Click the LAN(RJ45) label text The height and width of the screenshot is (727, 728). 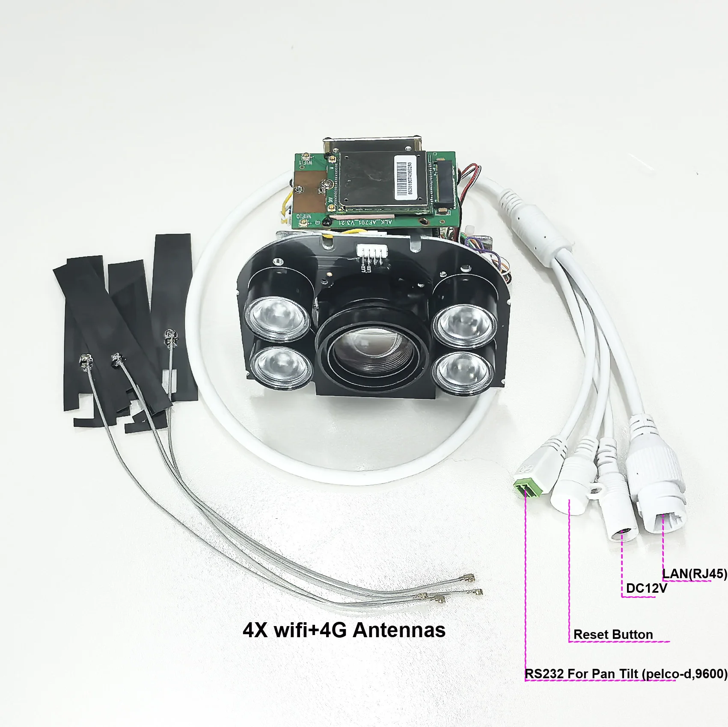[x=694, y=573]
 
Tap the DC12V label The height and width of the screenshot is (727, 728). [x=646, y=588]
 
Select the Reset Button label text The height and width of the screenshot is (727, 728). [x=613, y=635]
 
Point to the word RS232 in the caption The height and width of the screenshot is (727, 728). [x=544, y=674]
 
